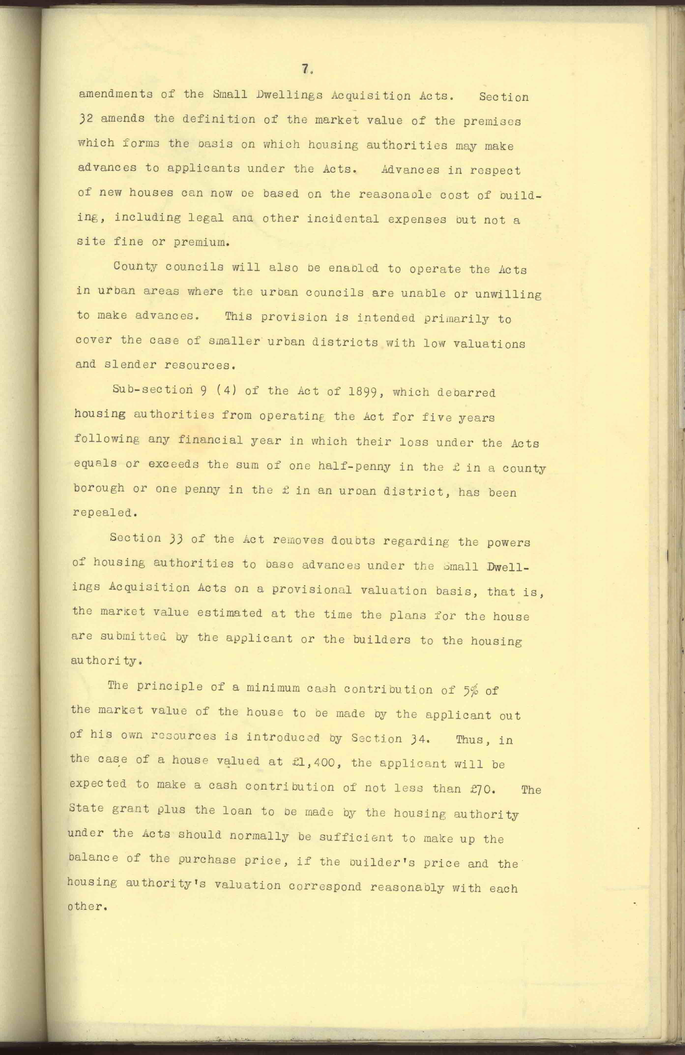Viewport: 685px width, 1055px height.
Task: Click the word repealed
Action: click(x=103, y=512)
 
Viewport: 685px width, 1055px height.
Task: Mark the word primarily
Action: click(x=456, y=318)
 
